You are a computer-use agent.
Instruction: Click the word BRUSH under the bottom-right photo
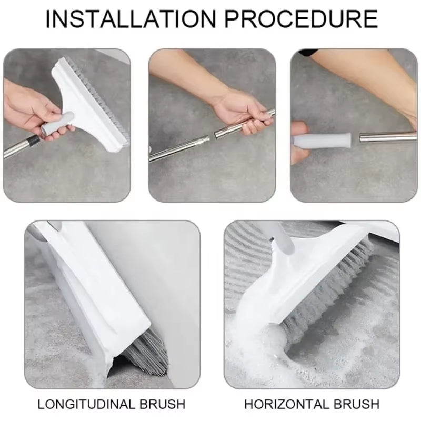click(x=356, y=404)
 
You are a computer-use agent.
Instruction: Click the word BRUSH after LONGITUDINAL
click(x=162, y=404)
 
